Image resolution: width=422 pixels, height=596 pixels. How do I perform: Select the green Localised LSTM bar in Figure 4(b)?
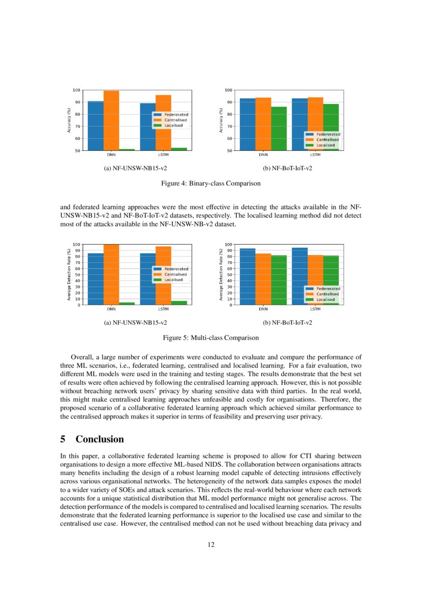point(331,127)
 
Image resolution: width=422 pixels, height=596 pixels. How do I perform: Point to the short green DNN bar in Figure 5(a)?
point(127,303)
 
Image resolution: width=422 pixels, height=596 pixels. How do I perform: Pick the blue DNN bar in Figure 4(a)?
point(95,125)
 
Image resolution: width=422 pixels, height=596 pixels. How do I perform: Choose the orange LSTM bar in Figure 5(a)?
point(163,275)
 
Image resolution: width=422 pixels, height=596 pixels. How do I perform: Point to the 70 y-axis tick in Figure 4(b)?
point(230,126)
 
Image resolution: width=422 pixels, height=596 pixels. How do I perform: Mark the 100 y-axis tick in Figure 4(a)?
point(77,90)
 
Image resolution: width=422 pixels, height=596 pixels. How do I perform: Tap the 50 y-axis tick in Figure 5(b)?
point(230,275)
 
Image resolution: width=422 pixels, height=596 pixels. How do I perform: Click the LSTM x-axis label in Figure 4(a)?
point(163,154)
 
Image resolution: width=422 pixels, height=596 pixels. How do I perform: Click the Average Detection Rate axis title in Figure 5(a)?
point(69,274)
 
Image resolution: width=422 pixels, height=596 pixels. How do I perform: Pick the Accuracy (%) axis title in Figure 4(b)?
point(221,120)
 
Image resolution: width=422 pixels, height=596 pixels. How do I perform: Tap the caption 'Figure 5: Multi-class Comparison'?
point(211,338)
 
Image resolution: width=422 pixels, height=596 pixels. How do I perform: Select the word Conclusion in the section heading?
point(100,439)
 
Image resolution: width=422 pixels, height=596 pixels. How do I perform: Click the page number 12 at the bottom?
point(211,545)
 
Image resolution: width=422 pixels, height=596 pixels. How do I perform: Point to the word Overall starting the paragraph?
point(80,357)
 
